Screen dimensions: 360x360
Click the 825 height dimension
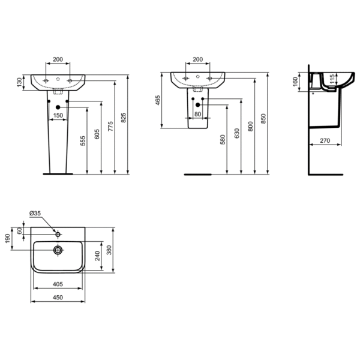click(124, 118)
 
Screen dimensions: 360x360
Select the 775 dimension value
click(110, 126)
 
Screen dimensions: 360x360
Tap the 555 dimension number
click(83, 141)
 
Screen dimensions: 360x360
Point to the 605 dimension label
click(97, 134)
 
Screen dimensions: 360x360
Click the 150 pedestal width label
click(58, 115)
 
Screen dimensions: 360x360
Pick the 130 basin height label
click(20, 82)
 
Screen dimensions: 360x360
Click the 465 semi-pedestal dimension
click(158, 100)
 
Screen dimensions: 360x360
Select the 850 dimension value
click(263, 118)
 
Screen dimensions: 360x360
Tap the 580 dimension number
click(223, 140)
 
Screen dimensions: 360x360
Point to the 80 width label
click(197, 114)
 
